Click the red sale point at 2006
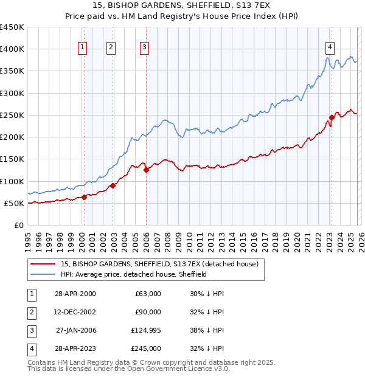pyautogui.click(x=147, y=170)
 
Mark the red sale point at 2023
pyautogui.click(x=332, y=117)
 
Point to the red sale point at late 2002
pyautogui.click(x=113, y=185)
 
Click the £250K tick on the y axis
pyautogui.click(x=12, y=115)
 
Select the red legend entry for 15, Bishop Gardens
pyautogui.click(x=159, y=264)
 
